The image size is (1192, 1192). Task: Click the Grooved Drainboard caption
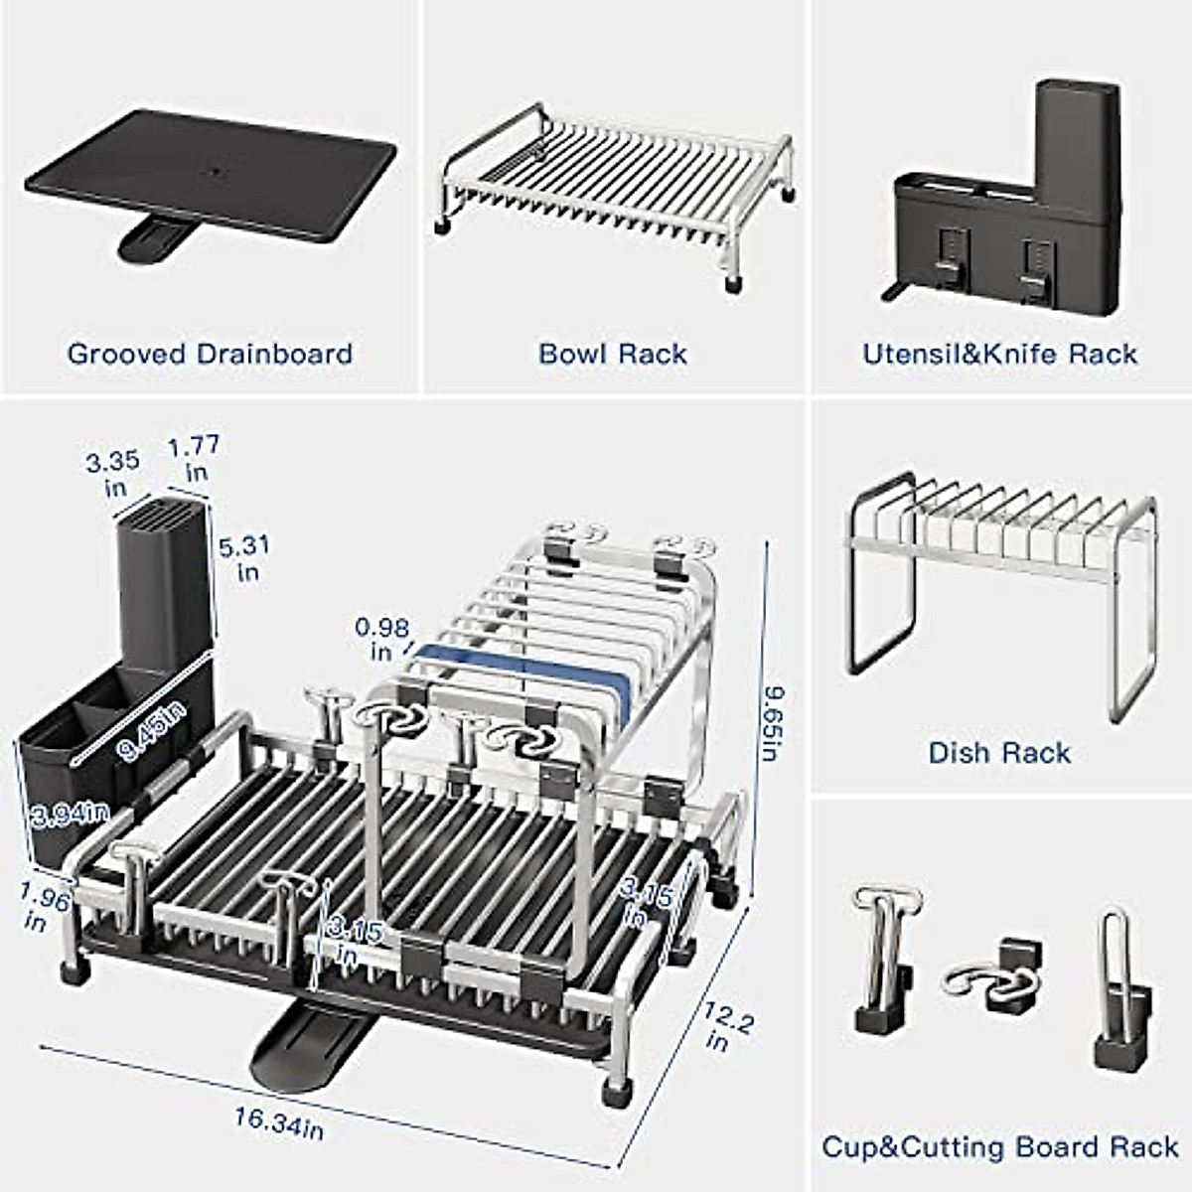[210, 354]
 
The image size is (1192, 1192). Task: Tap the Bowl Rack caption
[613, 354]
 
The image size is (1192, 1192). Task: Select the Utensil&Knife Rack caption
[999, 354]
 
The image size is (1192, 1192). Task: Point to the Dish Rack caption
[999, 753]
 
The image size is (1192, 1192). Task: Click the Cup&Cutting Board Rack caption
[999, 1147]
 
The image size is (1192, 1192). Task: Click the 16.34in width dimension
[279, 1122]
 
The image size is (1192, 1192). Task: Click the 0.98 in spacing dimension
[381, 639]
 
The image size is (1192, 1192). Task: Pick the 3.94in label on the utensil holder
[69, 815]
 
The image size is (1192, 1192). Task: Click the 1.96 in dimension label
[44, 908]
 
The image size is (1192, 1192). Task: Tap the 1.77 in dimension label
[194, 457]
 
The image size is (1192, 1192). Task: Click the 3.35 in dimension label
[112, 474]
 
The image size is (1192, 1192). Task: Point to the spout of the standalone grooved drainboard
[155, 237]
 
